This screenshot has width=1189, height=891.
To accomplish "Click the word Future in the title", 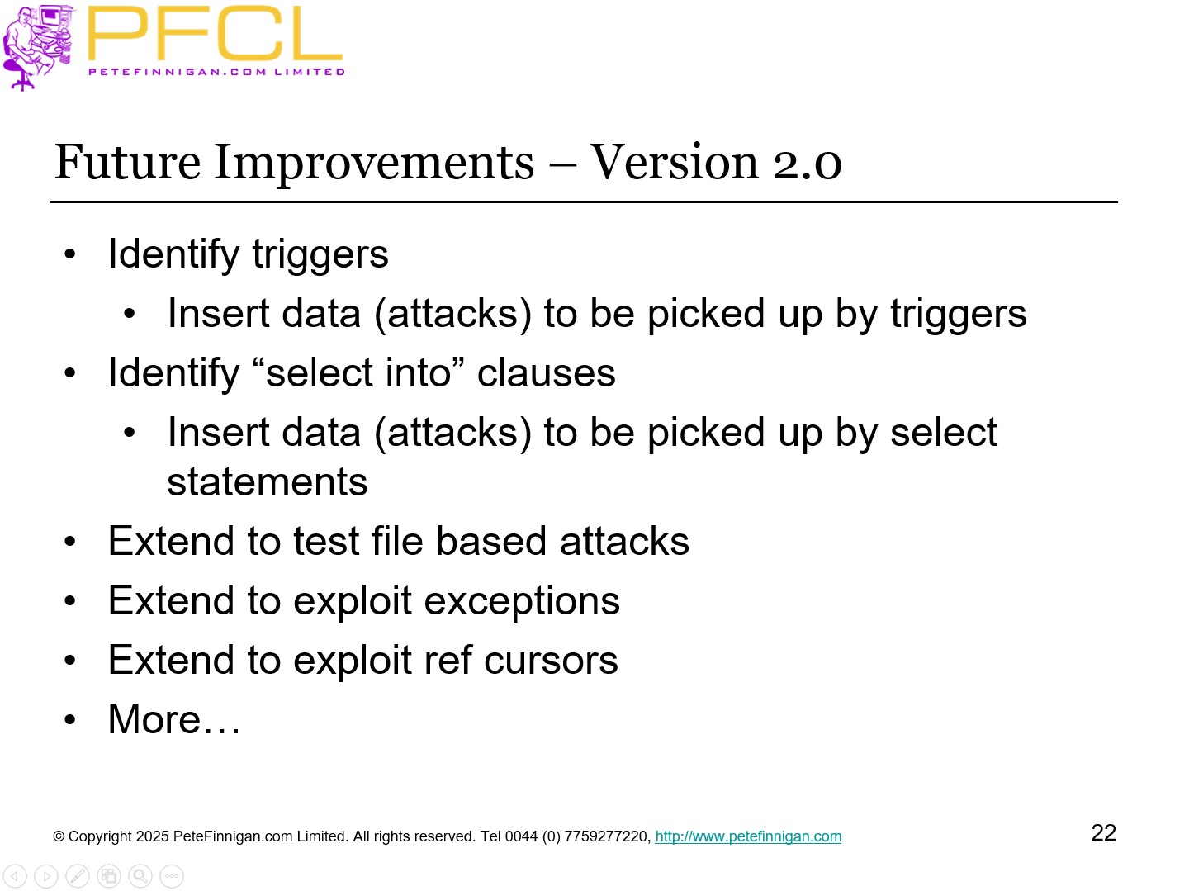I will point(127,162).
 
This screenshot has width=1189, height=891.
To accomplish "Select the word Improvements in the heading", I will point(374,162).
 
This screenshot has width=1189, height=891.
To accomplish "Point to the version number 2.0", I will point(807,162).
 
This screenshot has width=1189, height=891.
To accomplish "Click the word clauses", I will point(546,373).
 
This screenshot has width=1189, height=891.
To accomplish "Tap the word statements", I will point(267,482).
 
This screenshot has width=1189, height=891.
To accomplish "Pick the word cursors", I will point(551,661).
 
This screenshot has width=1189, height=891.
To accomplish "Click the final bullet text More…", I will point(174,719).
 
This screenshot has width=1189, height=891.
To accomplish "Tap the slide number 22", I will point(1103,832).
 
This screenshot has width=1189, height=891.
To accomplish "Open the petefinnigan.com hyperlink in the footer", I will point(748,836).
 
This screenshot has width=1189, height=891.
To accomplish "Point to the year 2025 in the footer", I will point(152,836).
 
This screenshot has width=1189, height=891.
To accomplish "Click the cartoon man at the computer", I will point(37,45).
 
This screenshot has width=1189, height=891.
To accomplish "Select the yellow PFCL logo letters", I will point(214,35).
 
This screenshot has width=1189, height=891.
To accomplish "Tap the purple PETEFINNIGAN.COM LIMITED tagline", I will point(216,72).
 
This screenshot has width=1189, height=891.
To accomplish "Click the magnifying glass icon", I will point(140,876).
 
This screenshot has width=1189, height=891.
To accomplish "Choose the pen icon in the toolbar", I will point(78,876).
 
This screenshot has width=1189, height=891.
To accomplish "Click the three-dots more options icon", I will point(172,876).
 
